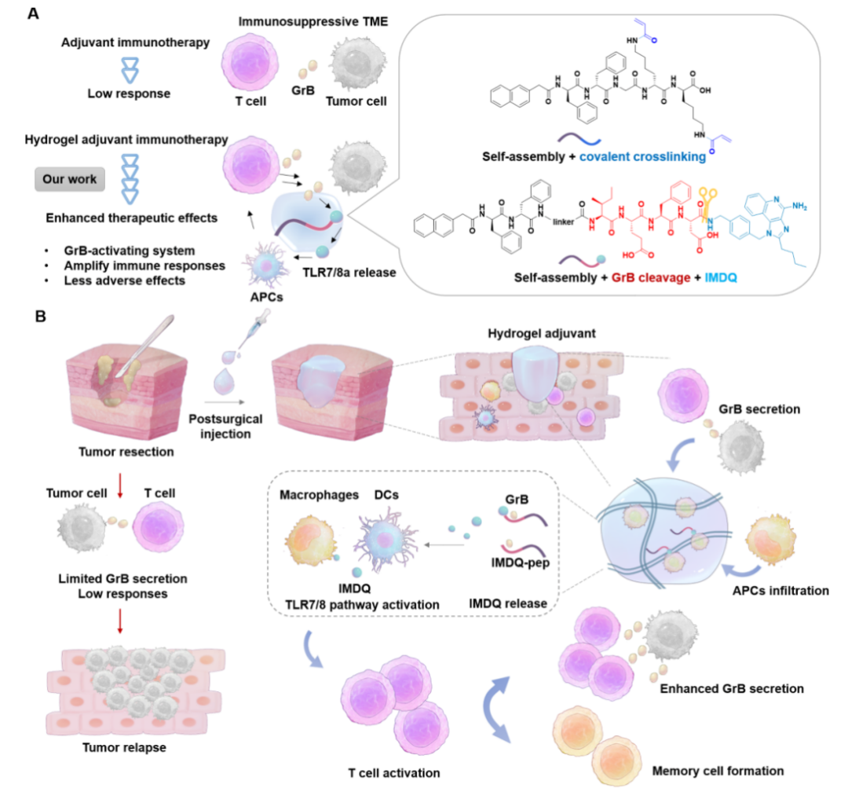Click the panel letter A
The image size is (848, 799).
click(x=35, y=14)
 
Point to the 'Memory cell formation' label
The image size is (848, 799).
click(x=718, y=771)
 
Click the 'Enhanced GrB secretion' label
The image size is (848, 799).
click(x=731, y=688)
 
